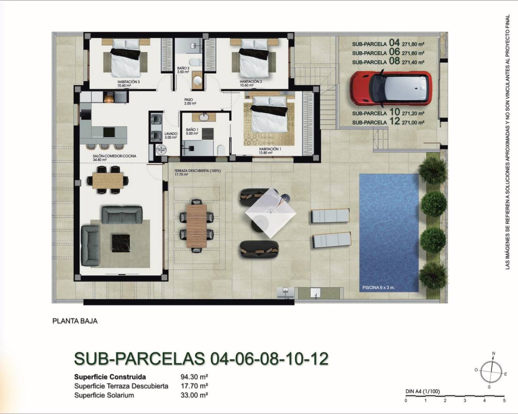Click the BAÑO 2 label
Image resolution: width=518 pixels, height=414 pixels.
pos(183,68)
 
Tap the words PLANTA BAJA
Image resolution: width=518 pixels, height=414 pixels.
pos(75,321)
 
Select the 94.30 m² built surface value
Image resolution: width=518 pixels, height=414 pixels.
pos(194,377)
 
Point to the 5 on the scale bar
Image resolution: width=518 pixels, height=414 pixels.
pos(504,401)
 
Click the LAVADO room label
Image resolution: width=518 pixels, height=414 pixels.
pos(170,133)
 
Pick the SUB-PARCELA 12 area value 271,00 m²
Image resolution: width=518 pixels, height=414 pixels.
pos(412,122)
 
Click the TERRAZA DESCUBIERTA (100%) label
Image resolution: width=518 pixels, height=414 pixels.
pos(197,171)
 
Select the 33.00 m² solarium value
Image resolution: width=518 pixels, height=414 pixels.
pos(194,395)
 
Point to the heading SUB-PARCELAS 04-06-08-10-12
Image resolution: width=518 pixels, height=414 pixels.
pos(201,358)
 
